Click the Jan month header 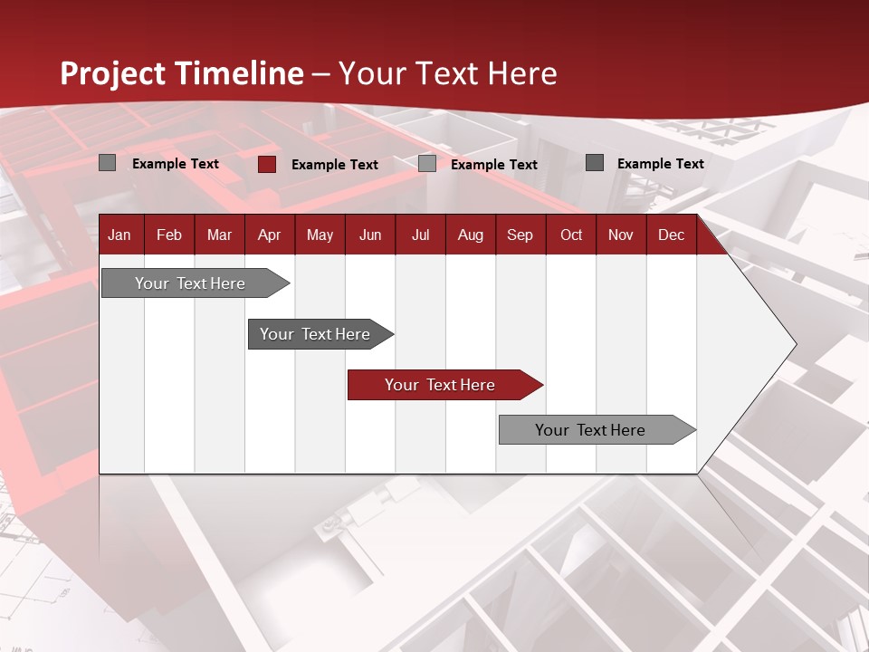click(x=119, y=235)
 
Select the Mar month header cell click(x=219, y=235)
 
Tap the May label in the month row click(x=320, y=235)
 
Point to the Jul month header click(x=420, y=235)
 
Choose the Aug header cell click(x=470, y=235)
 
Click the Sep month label click(x=520, y=235)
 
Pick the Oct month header click(x=571, y=235)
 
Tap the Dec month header click(x=671, y=235)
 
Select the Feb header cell click(x=169, y=235)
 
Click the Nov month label click(x=620, y=235)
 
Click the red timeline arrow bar click(x=440, y=385)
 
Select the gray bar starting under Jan click(x=190, y=283)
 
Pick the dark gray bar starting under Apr click(x=315, y=334)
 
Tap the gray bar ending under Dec click(x=590, y=430)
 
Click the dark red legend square click(x=267, y=164)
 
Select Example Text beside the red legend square click(x=335, y=165)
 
